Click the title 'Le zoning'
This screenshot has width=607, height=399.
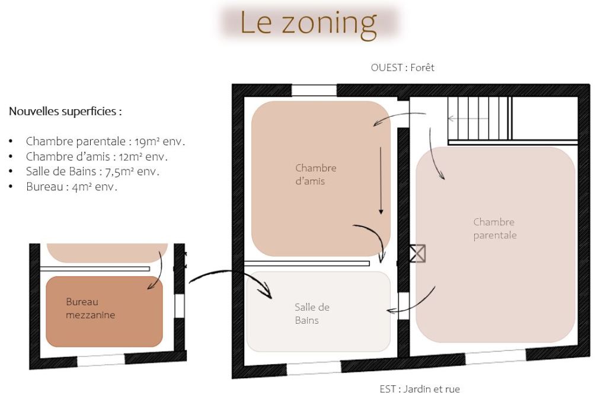click(308, 23)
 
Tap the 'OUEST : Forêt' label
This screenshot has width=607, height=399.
click(402, 68)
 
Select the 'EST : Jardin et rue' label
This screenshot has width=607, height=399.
click(420, 390)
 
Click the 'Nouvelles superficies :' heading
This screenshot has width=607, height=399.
click(66, 111)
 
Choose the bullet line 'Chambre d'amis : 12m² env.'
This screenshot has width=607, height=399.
click(97, 157)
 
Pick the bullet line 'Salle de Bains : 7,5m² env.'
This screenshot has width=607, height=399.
click(92, 172)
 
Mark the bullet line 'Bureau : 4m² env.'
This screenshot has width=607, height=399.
click(72, 187)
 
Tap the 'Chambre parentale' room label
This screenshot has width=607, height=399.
click(494, 229)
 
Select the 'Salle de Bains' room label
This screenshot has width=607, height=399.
click(312, 314)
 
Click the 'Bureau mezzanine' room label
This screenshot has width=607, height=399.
click(90, 308)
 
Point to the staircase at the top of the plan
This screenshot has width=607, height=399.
click(480, 118)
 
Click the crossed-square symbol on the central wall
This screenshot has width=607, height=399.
click(417, 254)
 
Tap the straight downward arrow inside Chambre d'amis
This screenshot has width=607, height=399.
click(381, 181)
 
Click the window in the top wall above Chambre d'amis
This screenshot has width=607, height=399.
click(314, 90)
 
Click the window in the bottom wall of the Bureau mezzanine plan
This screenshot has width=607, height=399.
click(101, 359)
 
